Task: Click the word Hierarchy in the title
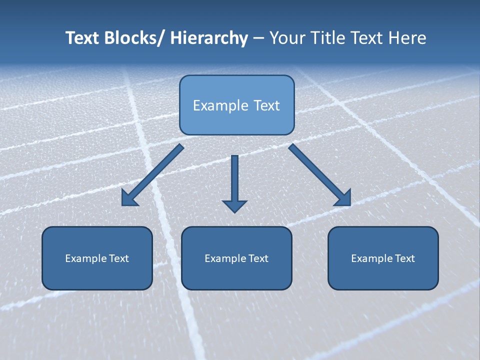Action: tap(209, 38)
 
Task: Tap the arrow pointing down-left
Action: tap(152, 175)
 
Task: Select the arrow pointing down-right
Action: tap(320, 175)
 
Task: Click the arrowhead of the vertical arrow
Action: tap(234, 206)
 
